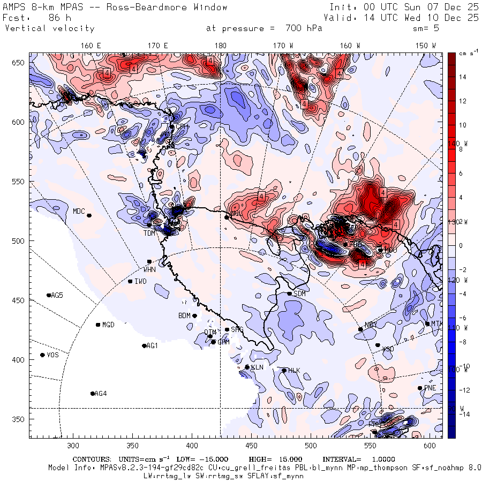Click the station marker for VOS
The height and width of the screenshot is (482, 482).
(43, 355)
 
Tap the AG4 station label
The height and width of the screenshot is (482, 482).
(101, 394)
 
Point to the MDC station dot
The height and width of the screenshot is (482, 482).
(89, 215)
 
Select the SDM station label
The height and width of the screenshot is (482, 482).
(299, 293)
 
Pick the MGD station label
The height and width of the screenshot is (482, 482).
(108, 325)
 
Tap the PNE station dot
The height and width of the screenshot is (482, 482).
(420, 388)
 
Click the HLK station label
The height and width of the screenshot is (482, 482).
(294, 370)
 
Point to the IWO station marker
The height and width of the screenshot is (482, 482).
(130, 281)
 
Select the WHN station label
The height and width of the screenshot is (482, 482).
(149, 269)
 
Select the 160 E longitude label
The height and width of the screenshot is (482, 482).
(92, 46)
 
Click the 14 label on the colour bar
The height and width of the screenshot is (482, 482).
(462, 77)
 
